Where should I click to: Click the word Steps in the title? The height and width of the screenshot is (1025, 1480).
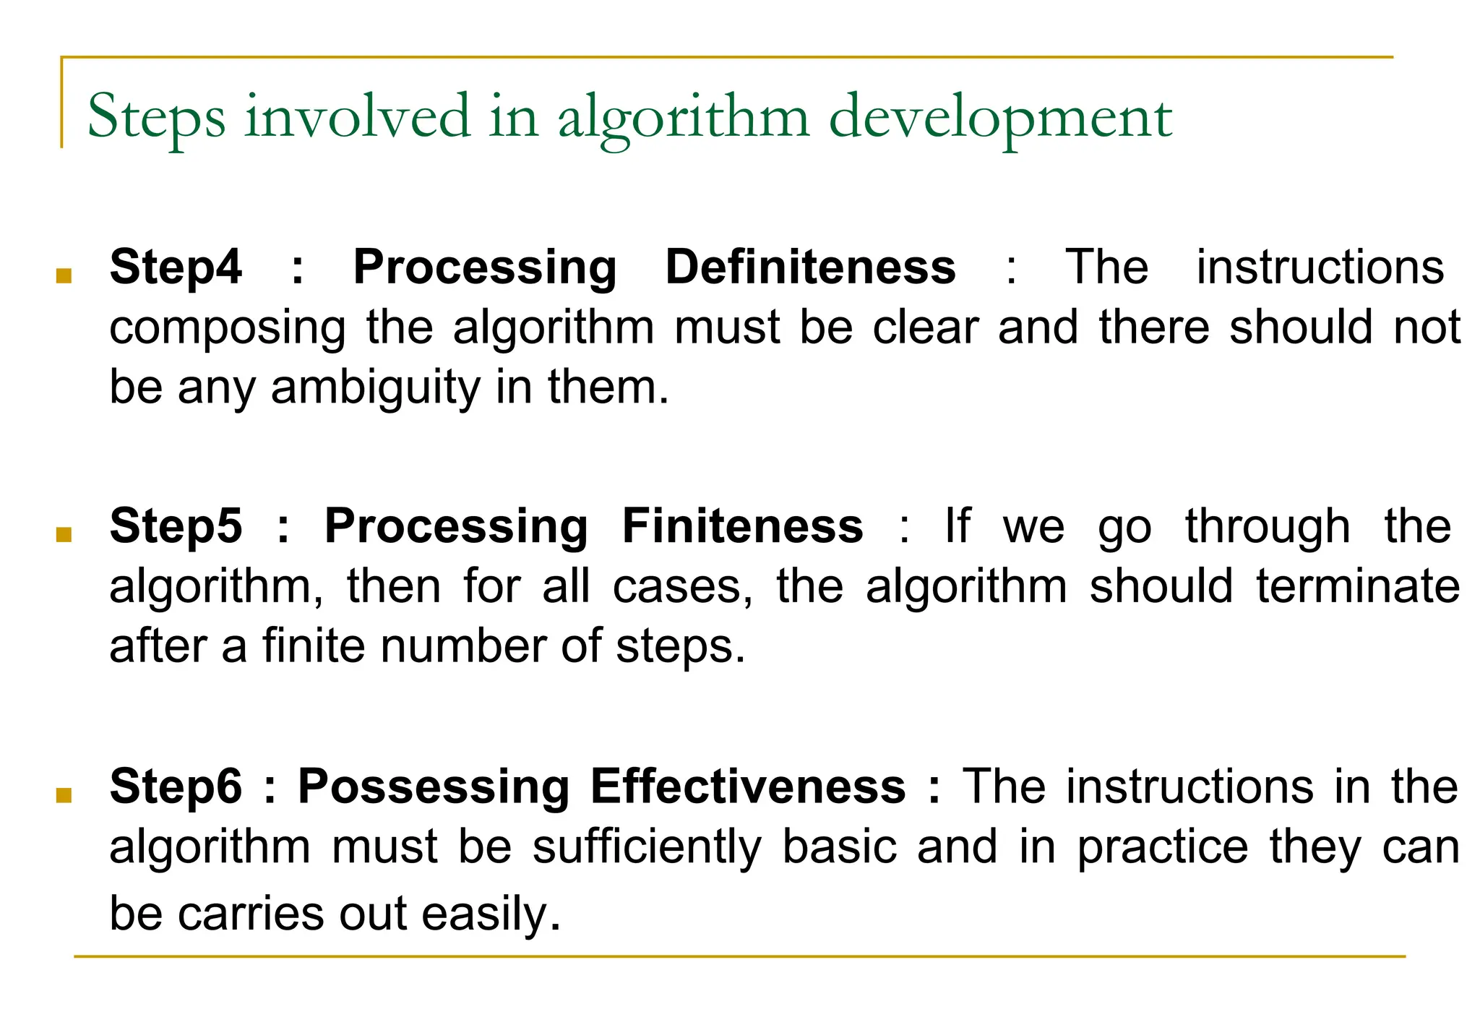click(x=156, y=117)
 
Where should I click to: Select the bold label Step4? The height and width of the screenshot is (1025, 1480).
click(x=176, y=268)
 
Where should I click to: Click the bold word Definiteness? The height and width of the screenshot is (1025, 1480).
click(x=810, y=267)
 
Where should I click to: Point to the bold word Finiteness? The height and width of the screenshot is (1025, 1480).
click(x=742, y=526)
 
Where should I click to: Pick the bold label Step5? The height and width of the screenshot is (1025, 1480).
click(x=176, y=526)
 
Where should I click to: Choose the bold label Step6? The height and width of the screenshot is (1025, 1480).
click(x=176, y=786)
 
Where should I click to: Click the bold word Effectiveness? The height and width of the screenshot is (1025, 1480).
click(x=747, y=786)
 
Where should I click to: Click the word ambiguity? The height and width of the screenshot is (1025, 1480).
click(x=376, y=388)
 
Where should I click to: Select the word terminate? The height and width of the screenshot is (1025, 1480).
click(x=1358, y=586)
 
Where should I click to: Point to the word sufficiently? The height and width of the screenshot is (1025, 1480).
click(x=647, y=847)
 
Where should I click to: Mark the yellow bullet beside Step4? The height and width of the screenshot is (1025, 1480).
click(x=64, y=275)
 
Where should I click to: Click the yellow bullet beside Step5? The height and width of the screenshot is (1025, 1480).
click(x=64, y=534)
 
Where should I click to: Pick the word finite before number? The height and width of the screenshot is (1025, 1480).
click(x=314, y=646)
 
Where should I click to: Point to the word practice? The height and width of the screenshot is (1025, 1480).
click(x=1163, y=847)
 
